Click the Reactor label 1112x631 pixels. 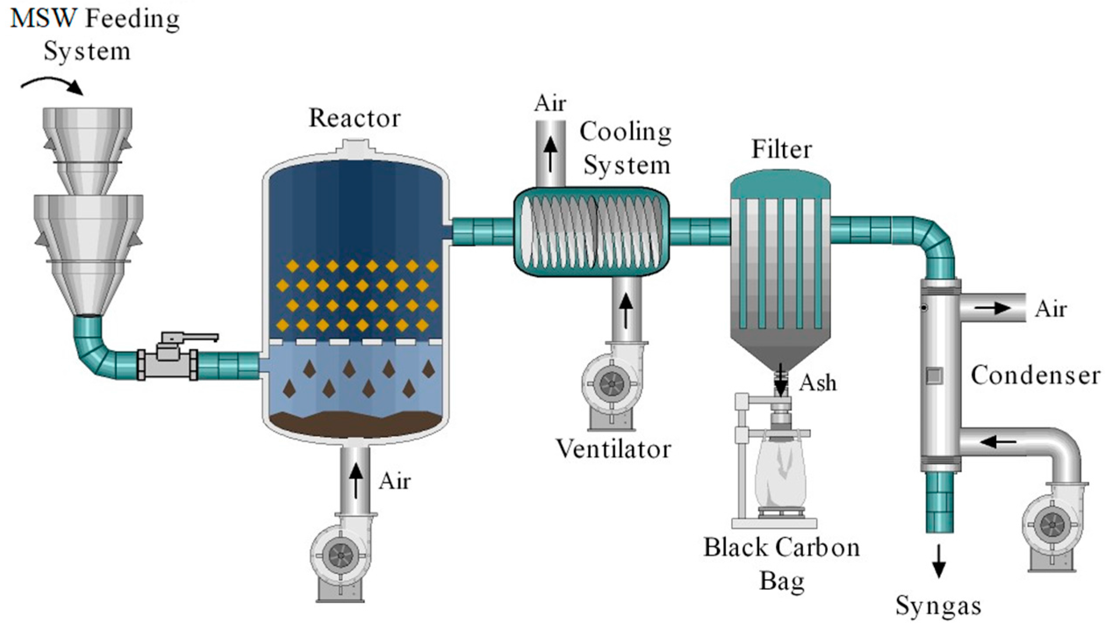point(355,118)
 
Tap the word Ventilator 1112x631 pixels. point(613,449)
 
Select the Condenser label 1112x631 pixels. point(1035,376)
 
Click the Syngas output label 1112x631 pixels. point(938,606)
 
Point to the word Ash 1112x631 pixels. point(818,383)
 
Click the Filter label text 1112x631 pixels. point(782,150)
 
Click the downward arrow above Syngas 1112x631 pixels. point(938,561)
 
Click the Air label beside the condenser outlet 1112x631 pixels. point(1051,309)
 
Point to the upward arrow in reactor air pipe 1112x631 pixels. point(356,480)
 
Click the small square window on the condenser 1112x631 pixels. point(934,376)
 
